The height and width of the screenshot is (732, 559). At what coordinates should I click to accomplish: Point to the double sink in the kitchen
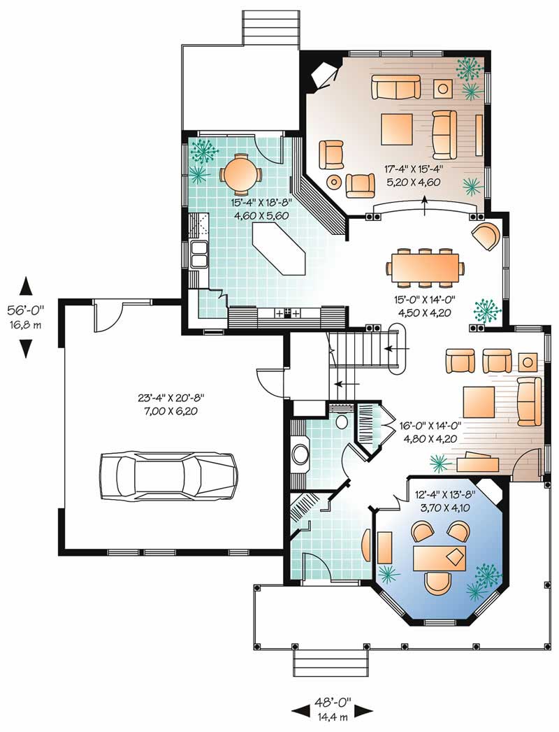click(x=198, y=254)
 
